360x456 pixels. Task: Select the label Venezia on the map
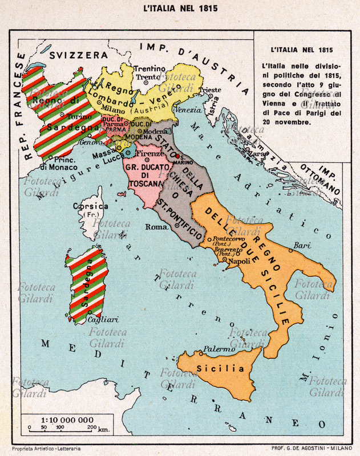[x=188, y=109]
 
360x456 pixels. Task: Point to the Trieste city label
[x=212, y=90]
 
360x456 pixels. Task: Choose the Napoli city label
[x=240, y=261]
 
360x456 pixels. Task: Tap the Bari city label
[x=302, y=245]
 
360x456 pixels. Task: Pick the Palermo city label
[x=216, y=349]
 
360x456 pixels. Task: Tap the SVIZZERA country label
[x=78, y=55]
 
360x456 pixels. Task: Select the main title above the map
[x=180, y=9]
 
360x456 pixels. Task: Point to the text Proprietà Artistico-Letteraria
[x=46, y=449]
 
